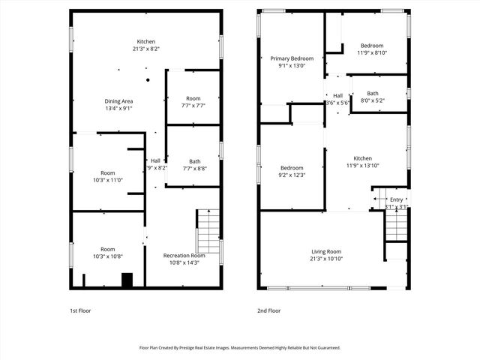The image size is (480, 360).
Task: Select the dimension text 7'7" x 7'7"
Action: click(193, 106)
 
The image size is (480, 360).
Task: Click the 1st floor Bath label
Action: click(194, 161)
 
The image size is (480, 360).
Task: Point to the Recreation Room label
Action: click(184, 256)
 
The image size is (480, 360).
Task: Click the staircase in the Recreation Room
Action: click(208, 231)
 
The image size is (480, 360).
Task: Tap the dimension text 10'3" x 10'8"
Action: click(107, 256)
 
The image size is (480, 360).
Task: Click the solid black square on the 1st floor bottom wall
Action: click(127, 280)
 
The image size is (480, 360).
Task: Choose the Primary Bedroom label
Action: click(292, 58)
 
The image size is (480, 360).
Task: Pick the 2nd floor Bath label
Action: click(372, 93)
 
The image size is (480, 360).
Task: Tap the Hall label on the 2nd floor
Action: click(337, 95)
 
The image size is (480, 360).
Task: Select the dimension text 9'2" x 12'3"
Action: click(292, 175)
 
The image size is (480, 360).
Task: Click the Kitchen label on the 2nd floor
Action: click(363, 158)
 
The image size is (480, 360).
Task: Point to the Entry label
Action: click(395, 199)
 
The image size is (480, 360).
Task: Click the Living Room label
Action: click(326, 251)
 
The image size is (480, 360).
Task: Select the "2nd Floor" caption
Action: click(268, 310)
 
